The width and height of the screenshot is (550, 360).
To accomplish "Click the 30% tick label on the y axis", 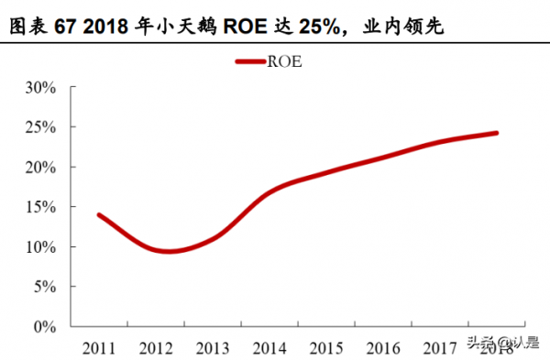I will (42, 88).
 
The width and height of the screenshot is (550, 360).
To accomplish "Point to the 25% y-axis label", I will (42, 127).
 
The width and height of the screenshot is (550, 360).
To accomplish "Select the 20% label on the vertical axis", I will (42, 168).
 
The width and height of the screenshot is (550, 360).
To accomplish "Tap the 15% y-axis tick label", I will (42, 207).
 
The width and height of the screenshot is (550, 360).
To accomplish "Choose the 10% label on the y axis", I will (42, 247).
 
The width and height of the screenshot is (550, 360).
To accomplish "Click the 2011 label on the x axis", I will (98, 347).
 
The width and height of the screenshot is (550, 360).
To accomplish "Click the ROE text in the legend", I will (286, 62).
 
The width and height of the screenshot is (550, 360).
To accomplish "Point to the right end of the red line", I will (496, 133).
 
